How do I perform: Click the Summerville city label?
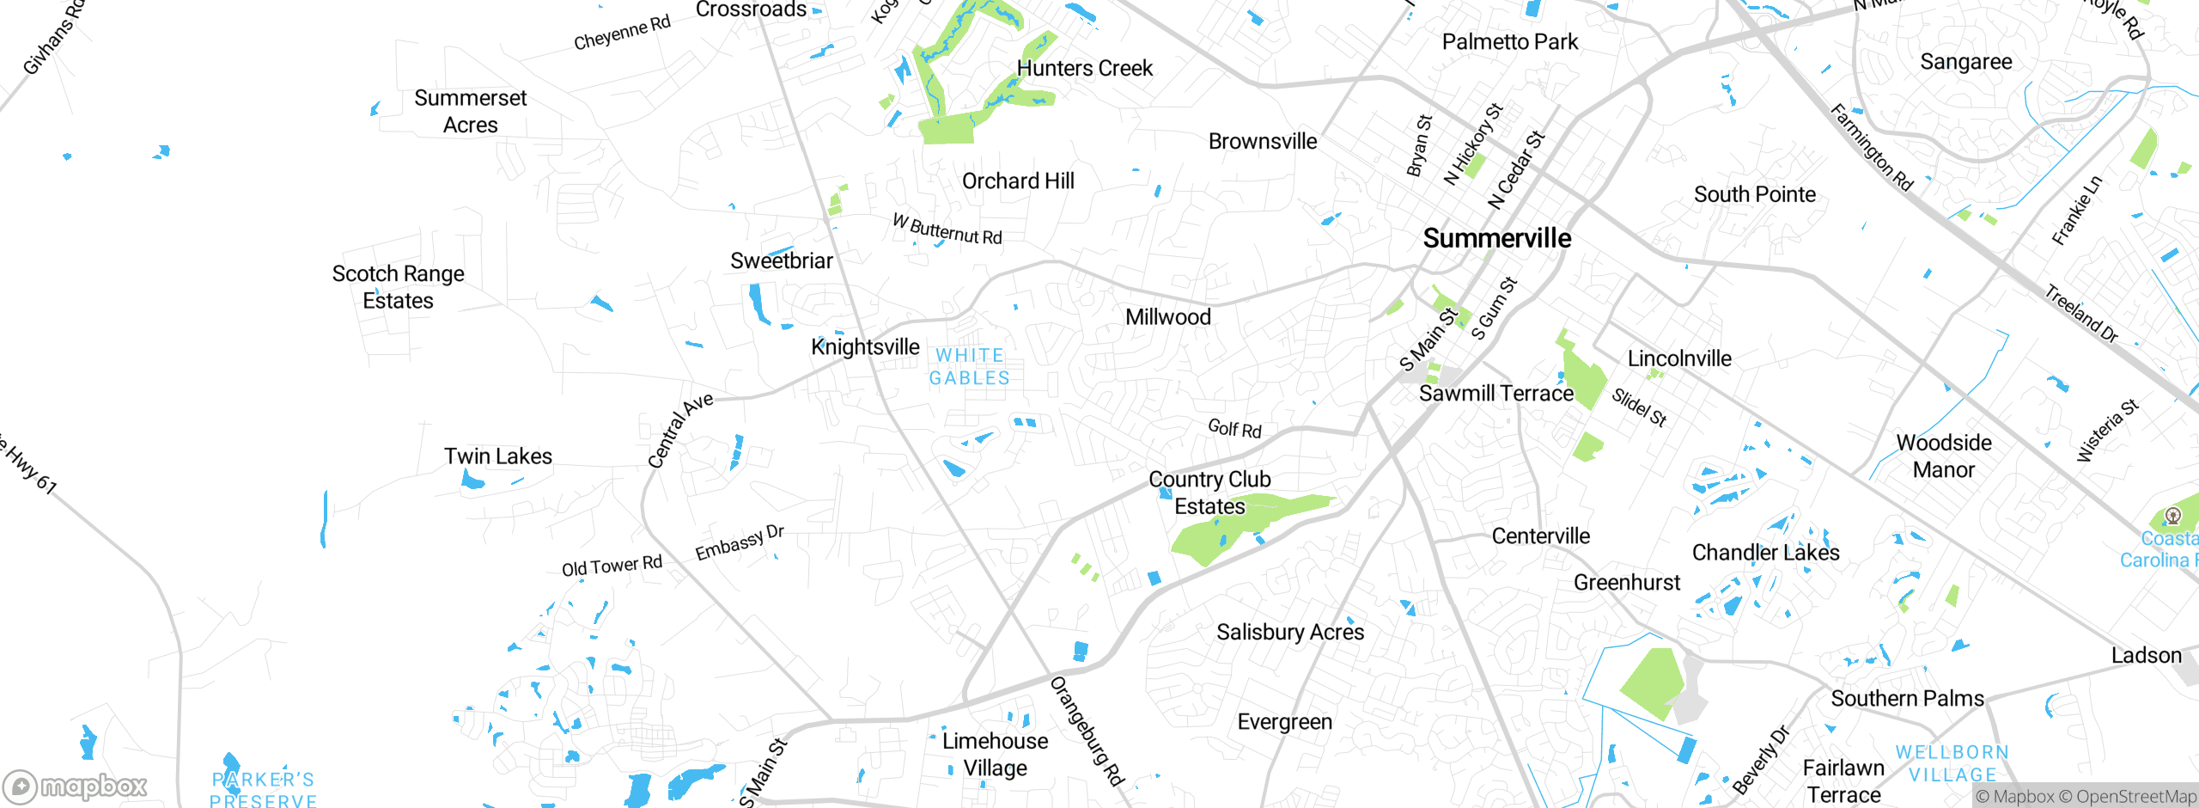[1496, 238]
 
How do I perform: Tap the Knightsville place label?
[865, 347]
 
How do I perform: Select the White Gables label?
[969, 367]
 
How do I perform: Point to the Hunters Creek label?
[1084, 69]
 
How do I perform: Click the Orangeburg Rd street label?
[1087, 731]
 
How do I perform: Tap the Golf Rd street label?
[1234, 428]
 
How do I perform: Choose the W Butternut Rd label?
[947, 230]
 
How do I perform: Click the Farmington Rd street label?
[1871, 147]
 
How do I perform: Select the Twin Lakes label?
[497, 456]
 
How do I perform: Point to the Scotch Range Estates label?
[398, 287]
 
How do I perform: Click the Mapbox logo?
[76, 787]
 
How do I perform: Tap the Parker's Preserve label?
[263, 790]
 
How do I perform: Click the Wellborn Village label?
[1952, 763]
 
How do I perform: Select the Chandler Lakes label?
[1765, 553]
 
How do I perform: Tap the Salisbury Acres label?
[1289, 633]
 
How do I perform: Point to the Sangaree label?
[1965, 62]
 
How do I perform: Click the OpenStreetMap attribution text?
[2127, 797]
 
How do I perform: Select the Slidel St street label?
[1639, 407]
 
